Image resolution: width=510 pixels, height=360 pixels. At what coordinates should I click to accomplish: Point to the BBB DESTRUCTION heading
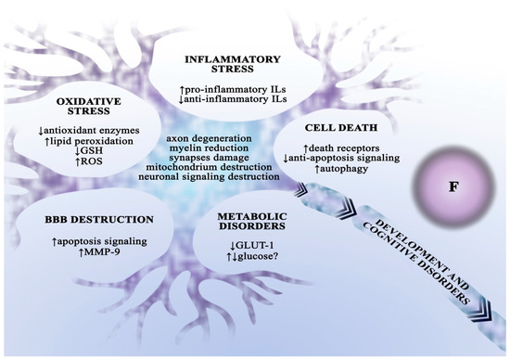(x=86, y=222)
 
